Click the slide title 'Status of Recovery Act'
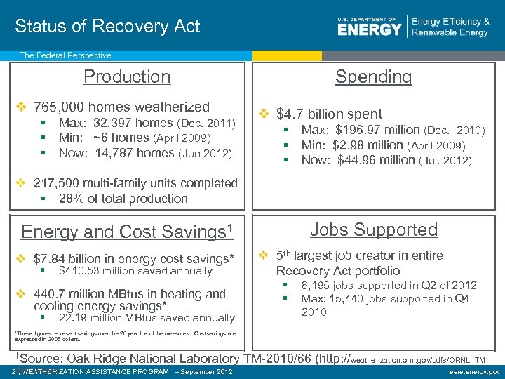(107, 27)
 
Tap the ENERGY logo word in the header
(370, 29)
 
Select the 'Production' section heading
(127, 77)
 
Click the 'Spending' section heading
(373, 77)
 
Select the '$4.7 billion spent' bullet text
(329, 114)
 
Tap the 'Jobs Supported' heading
(373, 230)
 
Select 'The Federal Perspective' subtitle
(65, 55)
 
